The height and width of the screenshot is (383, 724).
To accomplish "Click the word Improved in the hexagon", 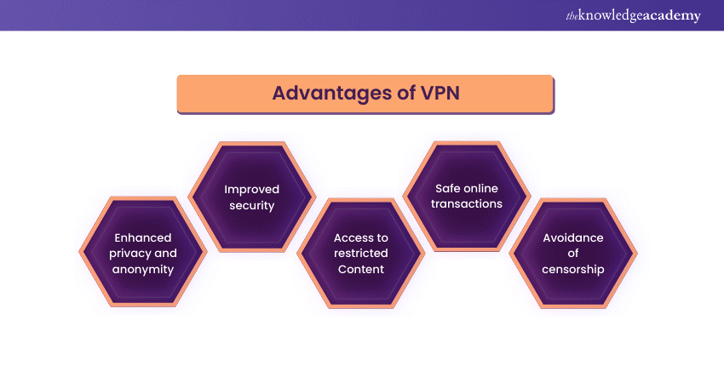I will [251, 189].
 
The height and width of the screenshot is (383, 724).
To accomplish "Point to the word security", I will [251, 205].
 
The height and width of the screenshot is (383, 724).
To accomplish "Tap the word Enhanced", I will [143, 237].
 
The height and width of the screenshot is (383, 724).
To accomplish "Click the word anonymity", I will [143, 269].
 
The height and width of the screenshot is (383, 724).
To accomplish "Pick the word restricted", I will [360, 253].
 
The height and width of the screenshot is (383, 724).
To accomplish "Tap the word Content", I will [360, 269].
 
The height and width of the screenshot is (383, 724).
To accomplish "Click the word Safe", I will [450, 188].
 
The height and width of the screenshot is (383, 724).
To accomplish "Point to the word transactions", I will [467, 204].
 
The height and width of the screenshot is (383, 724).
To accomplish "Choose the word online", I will [484, 188].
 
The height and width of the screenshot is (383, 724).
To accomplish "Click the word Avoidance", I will [573, 237].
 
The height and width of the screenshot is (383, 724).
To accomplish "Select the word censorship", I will [573, 269].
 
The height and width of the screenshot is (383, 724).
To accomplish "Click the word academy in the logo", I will [672, 16].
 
